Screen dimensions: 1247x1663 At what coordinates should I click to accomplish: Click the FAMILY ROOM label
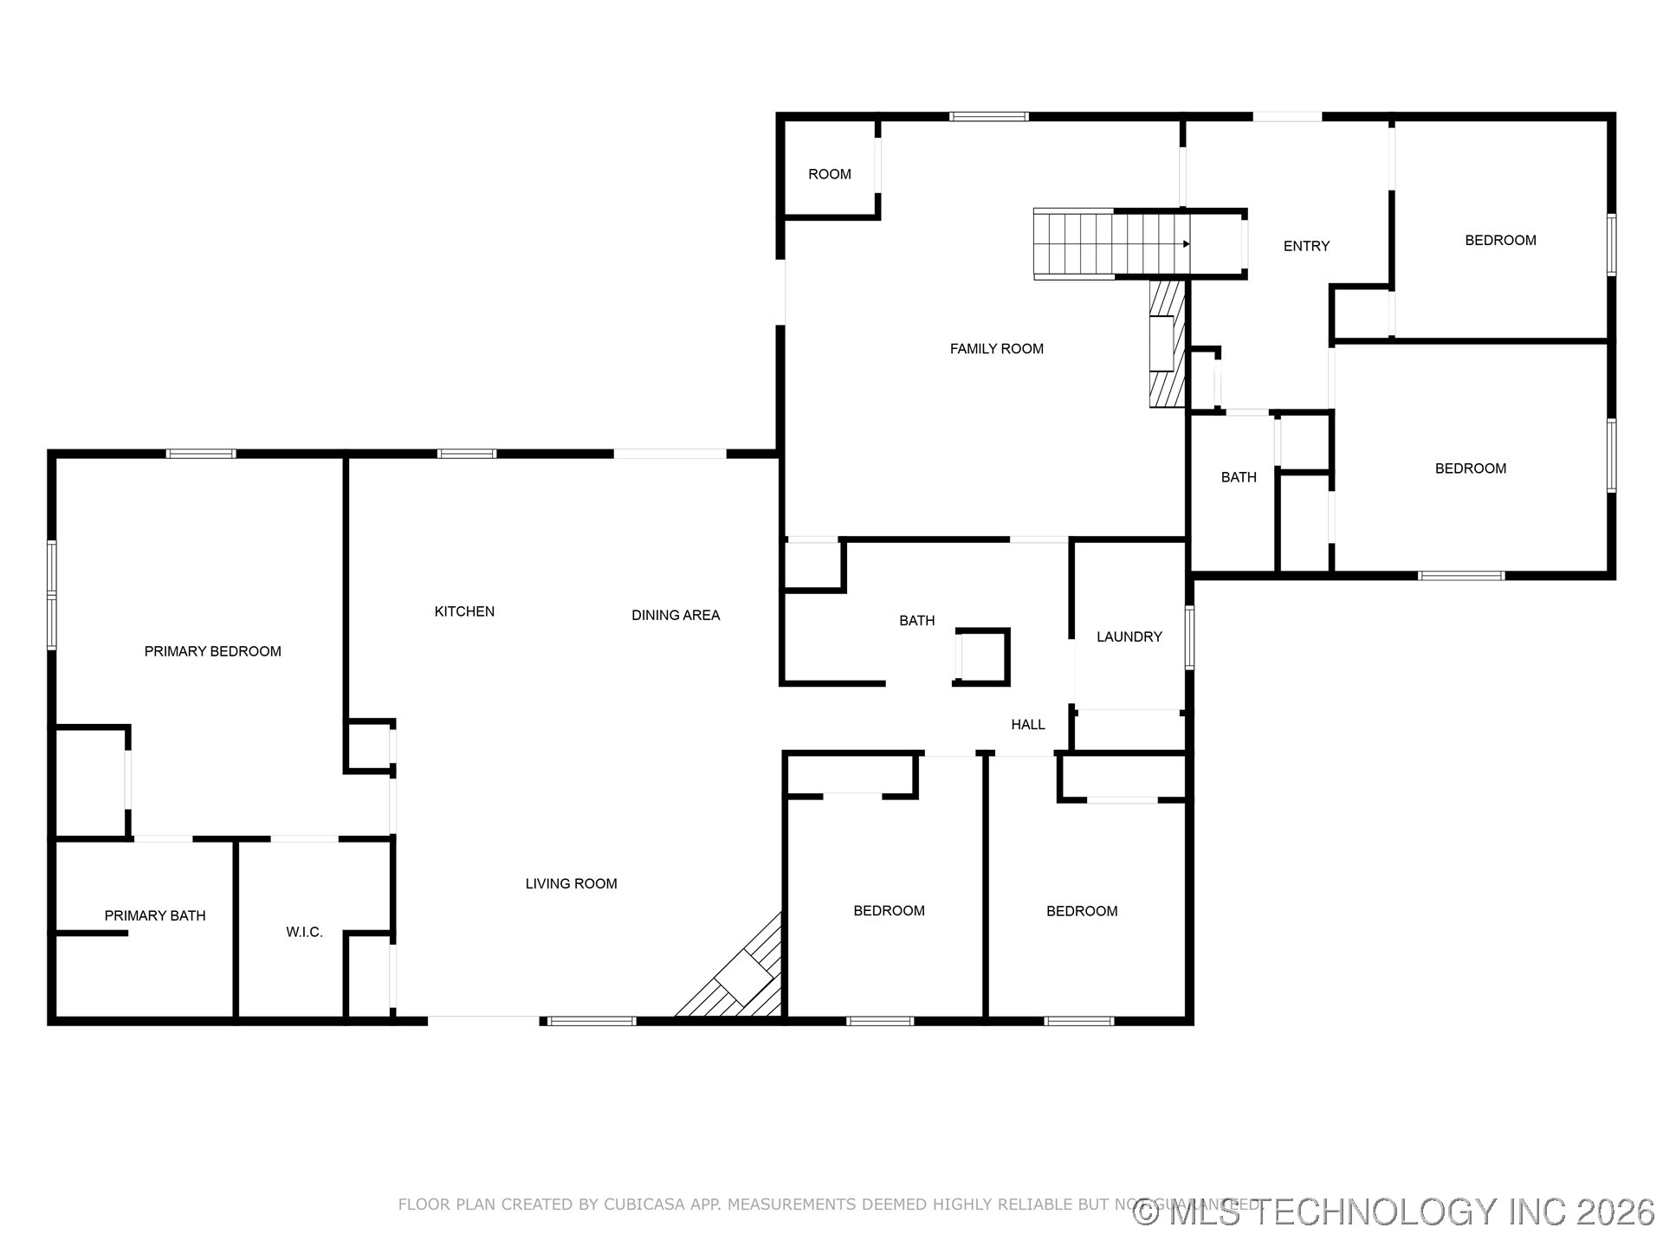[996, 349]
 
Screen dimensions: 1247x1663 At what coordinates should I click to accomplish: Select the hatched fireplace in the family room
[1166, 344]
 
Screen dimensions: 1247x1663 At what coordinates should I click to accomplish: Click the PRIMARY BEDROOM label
[212, 651]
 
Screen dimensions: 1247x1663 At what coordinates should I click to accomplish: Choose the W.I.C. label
[304, 932]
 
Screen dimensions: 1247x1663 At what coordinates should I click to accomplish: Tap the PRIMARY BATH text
[155, 915]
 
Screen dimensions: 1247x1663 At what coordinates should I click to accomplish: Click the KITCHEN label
[464, 611]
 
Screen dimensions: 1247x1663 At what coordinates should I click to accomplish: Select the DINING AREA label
[676, 615]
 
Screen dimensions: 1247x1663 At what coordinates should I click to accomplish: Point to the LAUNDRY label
[1129, 636]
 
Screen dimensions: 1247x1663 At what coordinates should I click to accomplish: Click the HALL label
[1028, 725]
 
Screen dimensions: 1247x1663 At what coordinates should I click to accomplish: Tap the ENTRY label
[1306, 246]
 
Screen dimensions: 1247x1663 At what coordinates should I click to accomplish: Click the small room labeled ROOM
[829, 174]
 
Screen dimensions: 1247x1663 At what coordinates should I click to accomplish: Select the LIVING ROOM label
[571, 883]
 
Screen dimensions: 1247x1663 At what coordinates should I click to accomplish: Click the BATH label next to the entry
[1239, 477]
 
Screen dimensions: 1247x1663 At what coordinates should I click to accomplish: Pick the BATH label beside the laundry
[916, 620]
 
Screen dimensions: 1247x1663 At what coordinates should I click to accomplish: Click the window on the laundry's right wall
[1189, 637]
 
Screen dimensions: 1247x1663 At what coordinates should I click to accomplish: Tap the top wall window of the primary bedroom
[201, 454]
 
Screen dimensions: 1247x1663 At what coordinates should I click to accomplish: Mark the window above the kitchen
[467, 454]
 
